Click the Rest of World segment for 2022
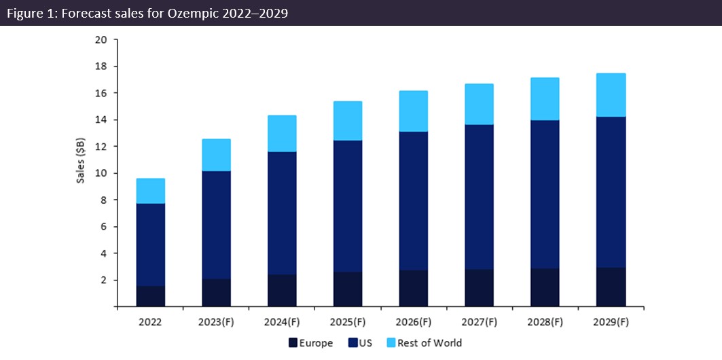click(151, 191)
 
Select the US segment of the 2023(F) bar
click(216, 225)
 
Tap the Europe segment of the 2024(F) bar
click(282, 290)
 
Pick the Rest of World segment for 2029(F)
click(611, 95)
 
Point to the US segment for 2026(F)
click(414, 201)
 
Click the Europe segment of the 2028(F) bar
click(545, 287)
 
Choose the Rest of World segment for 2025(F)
click(348, 121)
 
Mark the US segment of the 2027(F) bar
click(479, 197)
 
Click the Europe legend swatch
click(293, 343)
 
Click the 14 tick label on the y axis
click(102, 120)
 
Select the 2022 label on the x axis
click(150, 321)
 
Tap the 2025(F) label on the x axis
click(347, 321)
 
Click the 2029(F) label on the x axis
click(611, 321)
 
